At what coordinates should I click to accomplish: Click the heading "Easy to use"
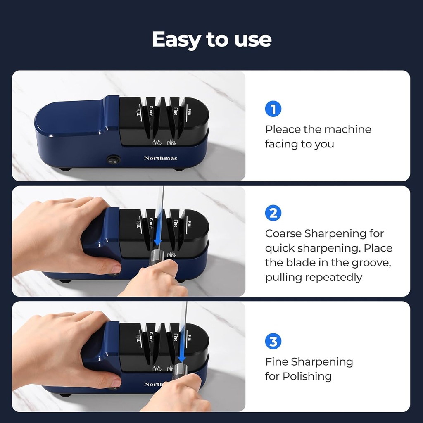pyautogui.click(x=211, y=40)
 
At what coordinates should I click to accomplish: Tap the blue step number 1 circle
pyautogui.click(x=273, y=109)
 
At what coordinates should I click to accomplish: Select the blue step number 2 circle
pyautogui.click(x=273, y=213)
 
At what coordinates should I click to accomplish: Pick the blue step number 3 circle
pyautogui.click(x=273, y=341)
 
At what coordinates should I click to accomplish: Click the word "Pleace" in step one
pyautogui.click(x=283, y=129)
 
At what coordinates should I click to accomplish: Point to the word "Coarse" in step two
pyautogui.click(x=283, y=233)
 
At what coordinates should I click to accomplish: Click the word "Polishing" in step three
pyautogui.click(x=307, y=376)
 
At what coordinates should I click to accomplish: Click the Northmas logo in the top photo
pyautogui.click(x=160, y=158)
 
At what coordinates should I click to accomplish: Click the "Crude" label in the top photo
pyautogui.click(x=151, y=111)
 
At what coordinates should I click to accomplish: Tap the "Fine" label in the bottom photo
pyautogui.click(x=176, y=336)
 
